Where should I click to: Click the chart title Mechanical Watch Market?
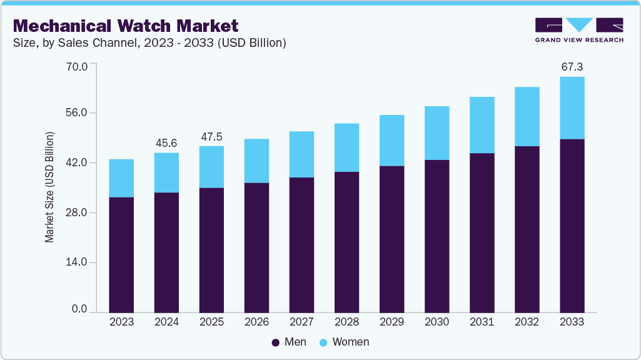[126, 26]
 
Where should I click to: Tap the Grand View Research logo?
[578, 30]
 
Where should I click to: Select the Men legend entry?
[289, 342]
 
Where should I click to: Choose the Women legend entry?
[344, 342]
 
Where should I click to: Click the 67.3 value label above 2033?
[572, 67]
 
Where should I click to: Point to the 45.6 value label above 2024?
[166, 143]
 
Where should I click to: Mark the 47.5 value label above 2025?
[211, 136]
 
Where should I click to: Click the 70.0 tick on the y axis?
[79, 64]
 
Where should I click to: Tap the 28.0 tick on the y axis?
[79, 212]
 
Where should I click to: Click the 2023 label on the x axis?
[121, 322]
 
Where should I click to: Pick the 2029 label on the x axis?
[391, 322]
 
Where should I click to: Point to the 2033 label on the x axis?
[572, 322]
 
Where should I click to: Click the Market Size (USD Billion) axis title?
[49, 187]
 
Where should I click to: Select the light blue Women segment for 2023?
[121, 178]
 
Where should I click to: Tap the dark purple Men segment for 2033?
[572, 225]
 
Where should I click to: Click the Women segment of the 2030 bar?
[437, 133]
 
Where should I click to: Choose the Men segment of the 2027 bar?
[301, 244]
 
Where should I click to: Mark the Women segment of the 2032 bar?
[527, 117]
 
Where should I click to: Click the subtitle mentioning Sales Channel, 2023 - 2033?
[149, 43]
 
